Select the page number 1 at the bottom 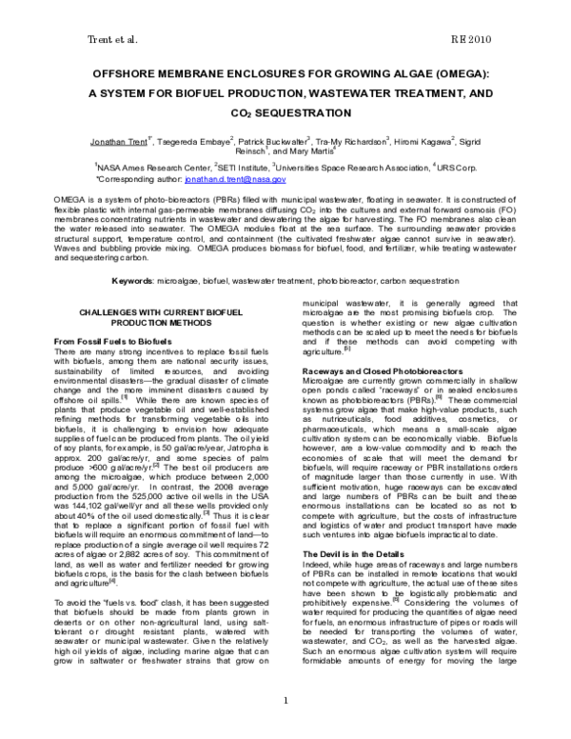click(285, 729)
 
